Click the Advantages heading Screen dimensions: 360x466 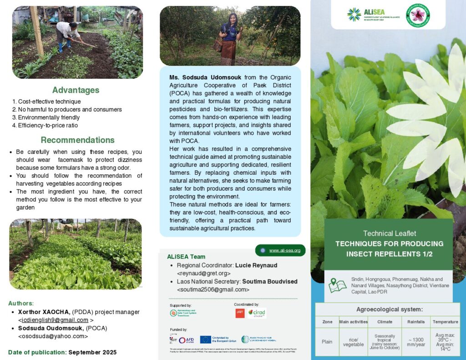tap(76, 90)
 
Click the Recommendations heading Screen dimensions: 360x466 tap(77, 140)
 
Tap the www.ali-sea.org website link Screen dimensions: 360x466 tap(284, 250)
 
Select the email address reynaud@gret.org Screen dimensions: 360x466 tap(203, 273)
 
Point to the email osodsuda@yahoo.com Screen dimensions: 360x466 tap(53, 336)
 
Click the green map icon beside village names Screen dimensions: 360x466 tap(337, 285)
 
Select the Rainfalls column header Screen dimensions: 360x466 tap(416, 322)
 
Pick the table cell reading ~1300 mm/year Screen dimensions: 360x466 tap(416, 342)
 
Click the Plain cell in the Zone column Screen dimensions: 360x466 tap(327, 342)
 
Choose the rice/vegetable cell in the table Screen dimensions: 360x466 tap(353, 342)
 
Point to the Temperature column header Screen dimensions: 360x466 tap(445, 322)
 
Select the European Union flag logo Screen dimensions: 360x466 tap(205, 340)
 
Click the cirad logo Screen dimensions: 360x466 tap(257, 313)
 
